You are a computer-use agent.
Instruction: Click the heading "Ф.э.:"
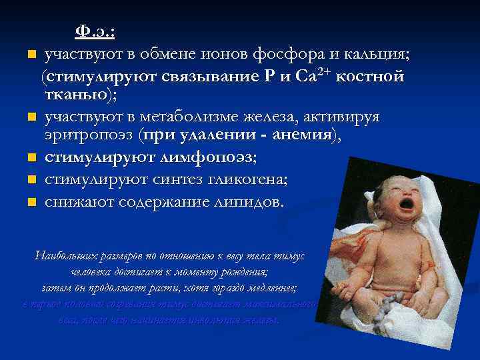(x=95, y=31)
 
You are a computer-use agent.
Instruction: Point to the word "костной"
(x=371, y=76)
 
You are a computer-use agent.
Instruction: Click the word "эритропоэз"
(x=91, y=137)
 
